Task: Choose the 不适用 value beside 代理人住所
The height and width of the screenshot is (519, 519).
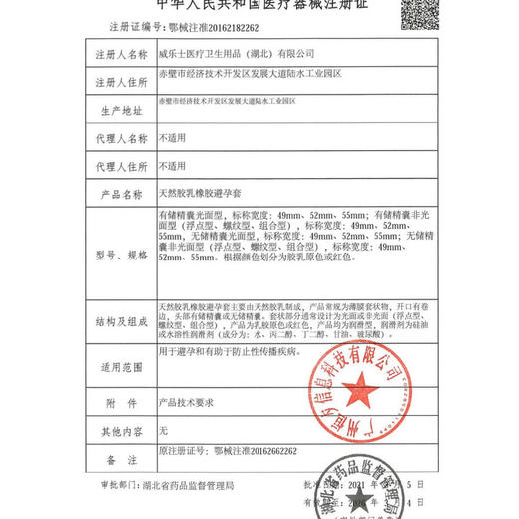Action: click(x=173, y=164)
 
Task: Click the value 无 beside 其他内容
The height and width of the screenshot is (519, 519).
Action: click(x=165, y=430)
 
